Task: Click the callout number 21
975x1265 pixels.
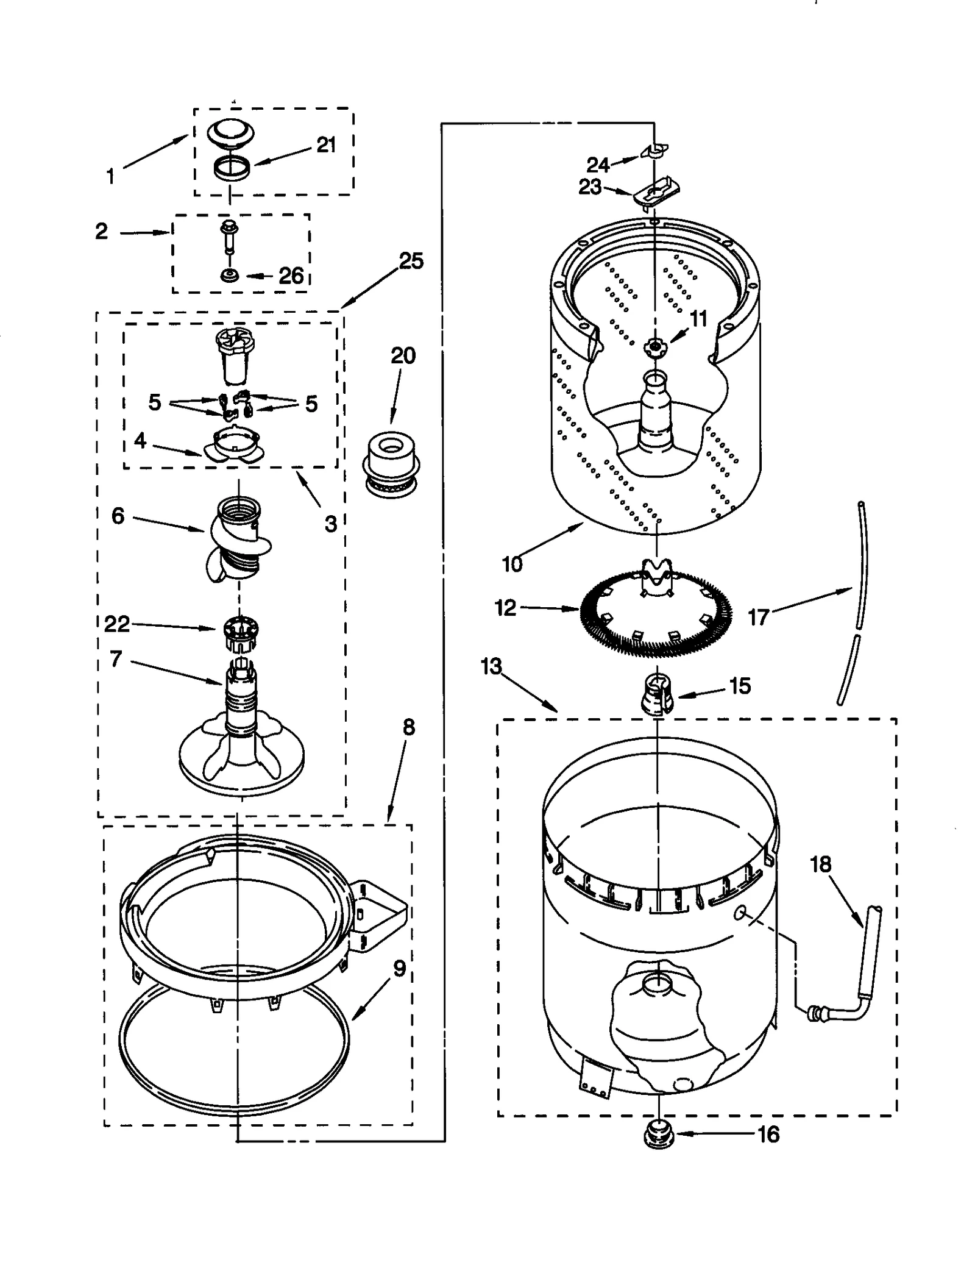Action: click(326, 145)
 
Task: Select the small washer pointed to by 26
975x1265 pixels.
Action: click(230, 276)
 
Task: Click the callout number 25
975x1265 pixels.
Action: click(411, 261)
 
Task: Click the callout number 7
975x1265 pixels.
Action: click(116, 659)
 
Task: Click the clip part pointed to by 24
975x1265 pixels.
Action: click(654, 150)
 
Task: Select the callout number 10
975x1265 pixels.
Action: click(512, 564)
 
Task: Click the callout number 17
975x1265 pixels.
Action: click(759, 618)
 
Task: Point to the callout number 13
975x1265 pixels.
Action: click(491, 666)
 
